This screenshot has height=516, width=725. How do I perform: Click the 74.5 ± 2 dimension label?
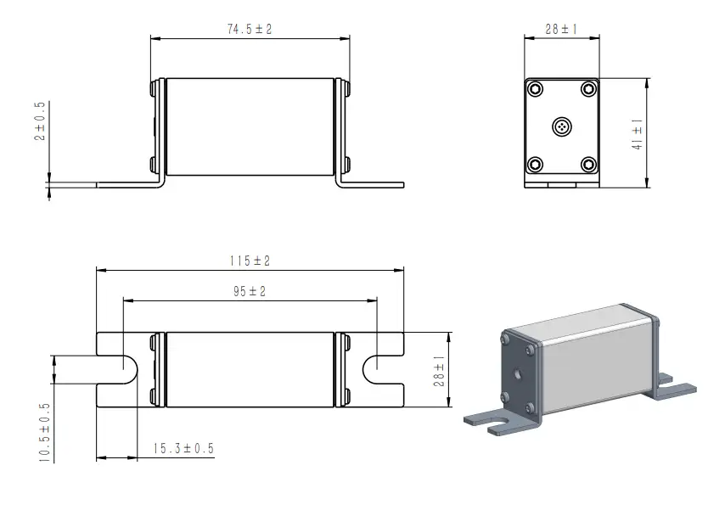[250, 29]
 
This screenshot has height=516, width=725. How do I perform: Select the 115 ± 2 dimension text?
[250, 261]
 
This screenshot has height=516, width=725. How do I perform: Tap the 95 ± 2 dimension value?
[250, 291]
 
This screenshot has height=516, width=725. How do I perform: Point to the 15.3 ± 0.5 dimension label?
[183, 448]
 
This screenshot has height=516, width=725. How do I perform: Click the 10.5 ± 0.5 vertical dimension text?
[44, 432]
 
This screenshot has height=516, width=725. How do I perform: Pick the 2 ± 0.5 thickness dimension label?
[40, 121]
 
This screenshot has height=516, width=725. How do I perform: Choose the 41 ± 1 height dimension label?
[638, 134]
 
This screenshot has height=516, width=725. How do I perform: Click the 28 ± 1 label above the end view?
[561, 29]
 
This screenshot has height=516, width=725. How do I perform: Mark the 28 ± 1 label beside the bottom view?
[439, 371]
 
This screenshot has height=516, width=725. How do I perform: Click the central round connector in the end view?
[562, 126]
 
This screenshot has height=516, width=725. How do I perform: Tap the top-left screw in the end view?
[535, 89]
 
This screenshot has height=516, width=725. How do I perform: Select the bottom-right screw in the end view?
[588, 164]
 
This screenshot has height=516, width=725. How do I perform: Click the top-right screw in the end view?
[588, 89]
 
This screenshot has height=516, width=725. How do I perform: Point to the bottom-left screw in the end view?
[535, 164]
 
